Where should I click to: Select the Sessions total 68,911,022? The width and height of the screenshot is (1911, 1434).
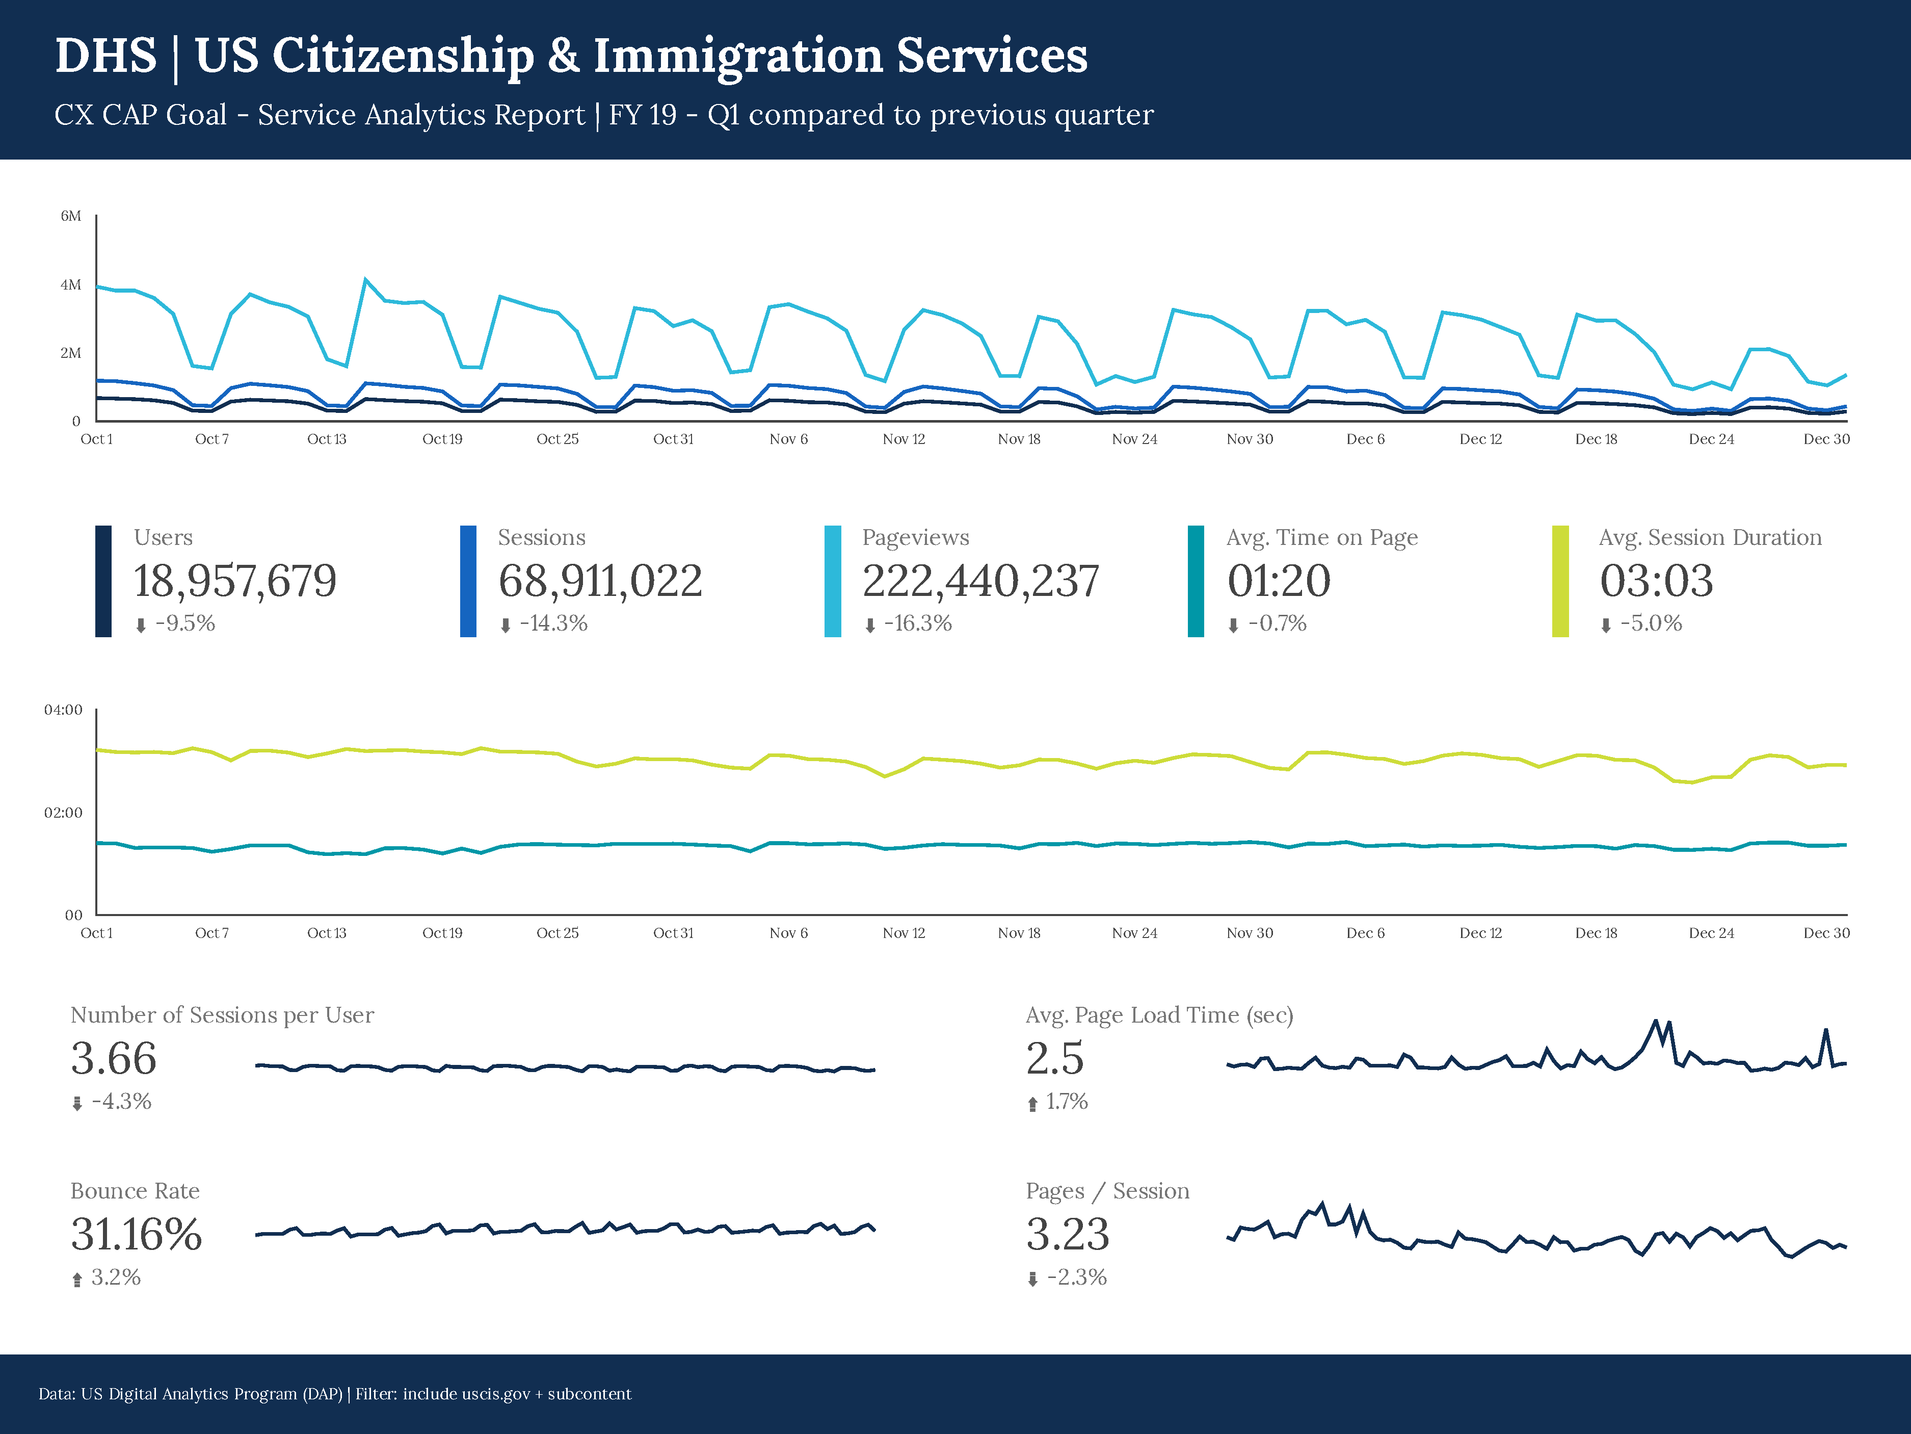(x=600, y=580)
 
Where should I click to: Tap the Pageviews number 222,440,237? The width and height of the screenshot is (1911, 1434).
(x=980, y=580)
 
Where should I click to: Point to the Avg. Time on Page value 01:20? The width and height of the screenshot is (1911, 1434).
(x=1279, y=580)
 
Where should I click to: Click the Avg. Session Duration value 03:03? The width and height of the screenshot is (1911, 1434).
(x=1656, y=580)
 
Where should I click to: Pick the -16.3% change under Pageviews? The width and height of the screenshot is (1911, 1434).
(x=917, y=623)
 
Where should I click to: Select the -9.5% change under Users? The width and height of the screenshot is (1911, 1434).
(x=185, y=623)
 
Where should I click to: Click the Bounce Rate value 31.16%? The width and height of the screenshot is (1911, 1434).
(x=137, y=1234)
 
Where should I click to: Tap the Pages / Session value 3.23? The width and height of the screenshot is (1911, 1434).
(x=1067, y=1234)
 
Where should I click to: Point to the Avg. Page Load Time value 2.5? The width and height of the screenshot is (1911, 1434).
(x=1055, y=1058)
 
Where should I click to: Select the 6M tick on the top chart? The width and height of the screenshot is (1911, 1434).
(x=71, y=216)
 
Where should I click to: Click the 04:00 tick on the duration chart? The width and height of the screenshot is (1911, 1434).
(x=63, y=710)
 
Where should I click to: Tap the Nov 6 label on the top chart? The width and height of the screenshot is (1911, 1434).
(x=789, y=439)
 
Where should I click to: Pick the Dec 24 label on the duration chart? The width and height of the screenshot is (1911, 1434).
(x=1711, y=933)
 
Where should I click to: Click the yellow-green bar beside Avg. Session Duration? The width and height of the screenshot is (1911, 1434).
(x=1560, y=581)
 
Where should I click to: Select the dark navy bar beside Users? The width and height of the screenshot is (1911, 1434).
(x=103, y=581)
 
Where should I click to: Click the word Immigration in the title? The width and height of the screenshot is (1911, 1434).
(x=738, y=56)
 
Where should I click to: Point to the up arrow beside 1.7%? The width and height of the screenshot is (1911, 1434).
(x=1032, y=1104)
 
